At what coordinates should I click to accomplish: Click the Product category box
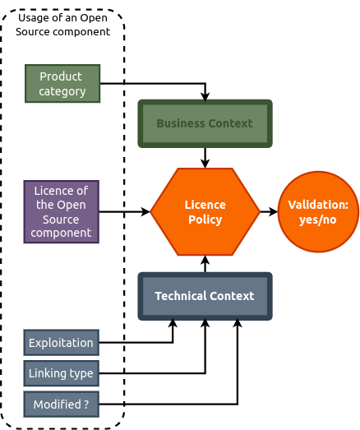point(62,84)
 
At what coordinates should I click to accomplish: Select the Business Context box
point(205,123)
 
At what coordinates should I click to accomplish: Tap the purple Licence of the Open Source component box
point(62,211)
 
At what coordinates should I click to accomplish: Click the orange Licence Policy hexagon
point(205,211)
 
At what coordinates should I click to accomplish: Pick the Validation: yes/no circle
point(318,211)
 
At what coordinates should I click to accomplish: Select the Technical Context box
point(205,296)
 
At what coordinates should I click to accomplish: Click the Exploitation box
point(62,343)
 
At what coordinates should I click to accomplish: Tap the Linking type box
point(62,373)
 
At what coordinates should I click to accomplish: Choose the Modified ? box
point(62,405)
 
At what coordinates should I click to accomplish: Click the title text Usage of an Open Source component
point(62,25)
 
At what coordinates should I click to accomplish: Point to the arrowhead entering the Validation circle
point(274,211)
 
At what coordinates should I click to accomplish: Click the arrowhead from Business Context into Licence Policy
point(205,163)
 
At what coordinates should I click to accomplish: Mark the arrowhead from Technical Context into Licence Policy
point(205,261)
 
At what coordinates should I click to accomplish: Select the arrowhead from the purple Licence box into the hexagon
point(145,211)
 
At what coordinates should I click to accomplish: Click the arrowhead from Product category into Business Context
point(205,97)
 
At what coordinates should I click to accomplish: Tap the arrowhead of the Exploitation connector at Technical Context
point(173,323)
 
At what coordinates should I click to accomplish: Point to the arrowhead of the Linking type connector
point(205,323)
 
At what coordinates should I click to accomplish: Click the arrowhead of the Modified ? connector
point(238,323)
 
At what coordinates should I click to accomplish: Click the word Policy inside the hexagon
point(205,220)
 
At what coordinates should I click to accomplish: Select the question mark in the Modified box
point(86,405)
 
